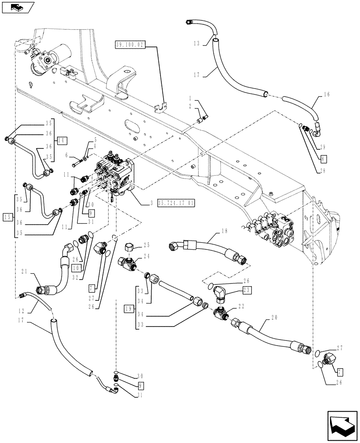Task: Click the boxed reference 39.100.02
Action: [x=129, y=45]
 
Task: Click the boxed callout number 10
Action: [x=76, y=267]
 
